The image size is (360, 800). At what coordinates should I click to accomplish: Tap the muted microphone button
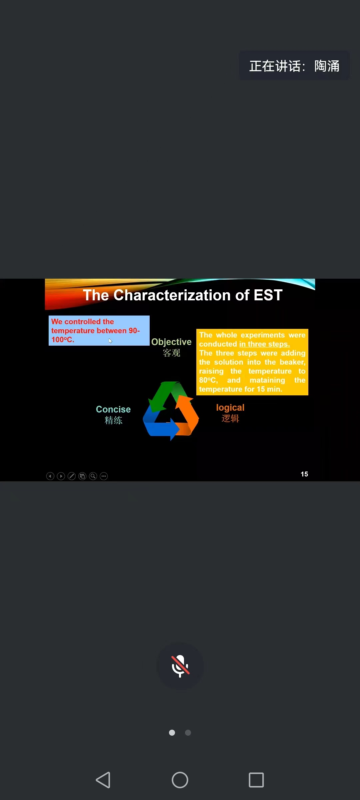click(180, 666)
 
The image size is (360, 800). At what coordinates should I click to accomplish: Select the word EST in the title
click(268, 295)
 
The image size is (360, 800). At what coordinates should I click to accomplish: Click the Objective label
click(171, 342)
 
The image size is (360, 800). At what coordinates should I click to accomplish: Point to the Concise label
click(113, 409)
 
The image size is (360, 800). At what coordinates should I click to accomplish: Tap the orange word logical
click(230, 408)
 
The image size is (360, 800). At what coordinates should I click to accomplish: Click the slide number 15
click(304, 474)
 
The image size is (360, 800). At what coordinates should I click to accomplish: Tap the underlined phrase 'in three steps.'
click(264, 344)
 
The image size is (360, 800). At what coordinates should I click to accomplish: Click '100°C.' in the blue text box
click(63, 340)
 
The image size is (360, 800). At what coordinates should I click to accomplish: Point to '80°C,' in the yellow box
click(208, 380)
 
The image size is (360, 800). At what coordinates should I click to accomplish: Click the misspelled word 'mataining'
click(267, 380)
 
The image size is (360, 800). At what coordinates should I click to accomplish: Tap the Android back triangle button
click(103, 780)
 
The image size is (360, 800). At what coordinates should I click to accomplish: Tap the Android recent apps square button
click(256, 780)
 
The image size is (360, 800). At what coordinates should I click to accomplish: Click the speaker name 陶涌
click(327, 66)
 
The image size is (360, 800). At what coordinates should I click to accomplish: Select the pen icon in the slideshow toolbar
click(72, 476)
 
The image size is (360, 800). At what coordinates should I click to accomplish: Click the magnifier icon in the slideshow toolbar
click(93, 476)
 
